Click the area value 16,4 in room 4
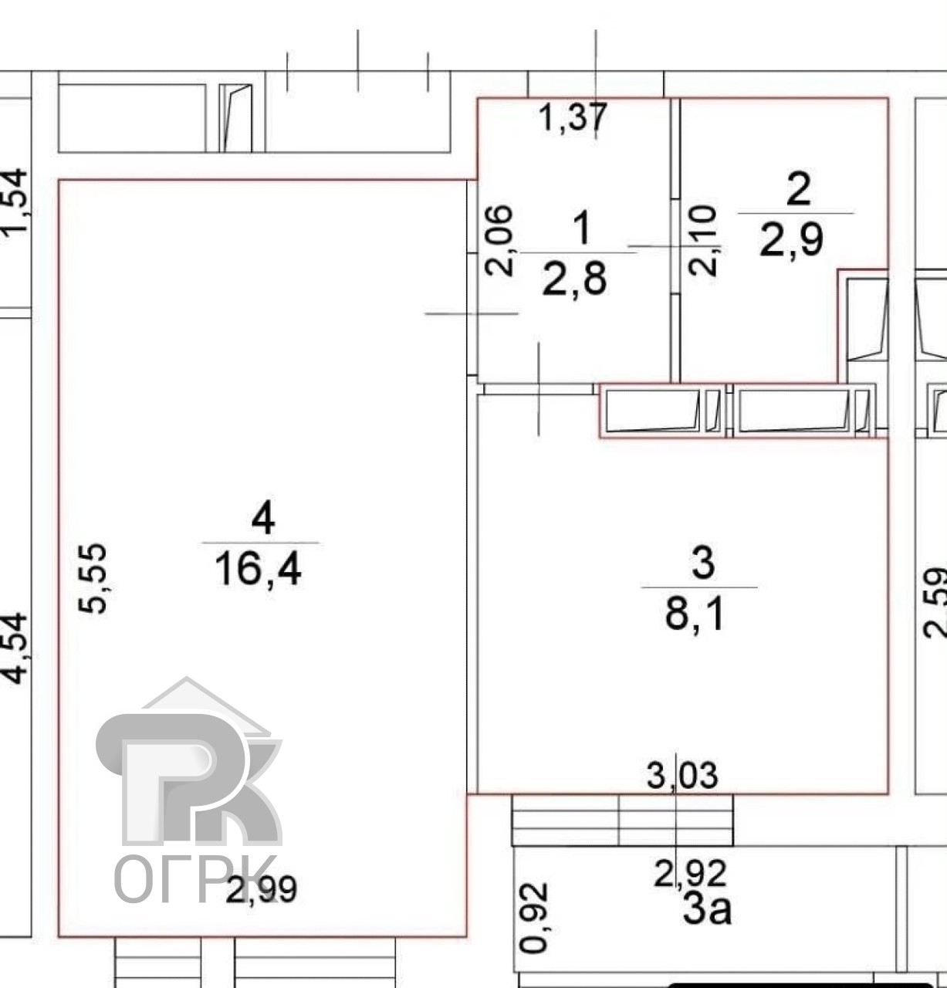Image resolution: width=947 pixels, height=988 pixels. tap(258, 570)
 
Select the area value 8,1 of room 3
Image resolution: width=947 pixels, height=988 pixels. tap(694, 614)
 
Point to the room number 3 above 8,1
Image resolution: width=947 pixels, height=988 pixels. tap(703, 563)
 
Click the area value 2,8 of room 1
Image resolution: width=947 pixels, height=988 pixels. tap(574, 279)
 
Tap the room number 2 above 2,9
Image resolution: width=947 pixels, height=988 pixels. tap(798, 189)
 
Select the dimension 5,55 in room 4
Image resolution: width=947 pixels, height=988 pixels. tap(93, 578)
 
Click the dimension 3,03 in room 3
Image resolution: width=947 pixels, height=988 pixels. tap(682, 775)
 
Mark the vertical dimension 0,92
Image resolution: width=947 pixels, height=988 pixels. tap(534, 917)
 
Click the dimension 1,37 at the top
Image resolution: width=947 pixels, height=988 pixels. tap(572, 118)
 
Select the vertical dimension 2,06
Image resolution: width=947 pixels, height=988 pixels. tap(500, 239)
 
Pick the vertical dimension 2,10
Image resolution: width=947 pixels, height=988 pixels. tap(704, 240)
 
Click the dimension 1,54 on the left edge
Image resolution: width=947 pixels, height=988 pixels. tap(15, 202)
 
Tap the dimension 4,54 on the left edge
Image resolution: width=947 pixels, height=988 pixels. tap(15, 648)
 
